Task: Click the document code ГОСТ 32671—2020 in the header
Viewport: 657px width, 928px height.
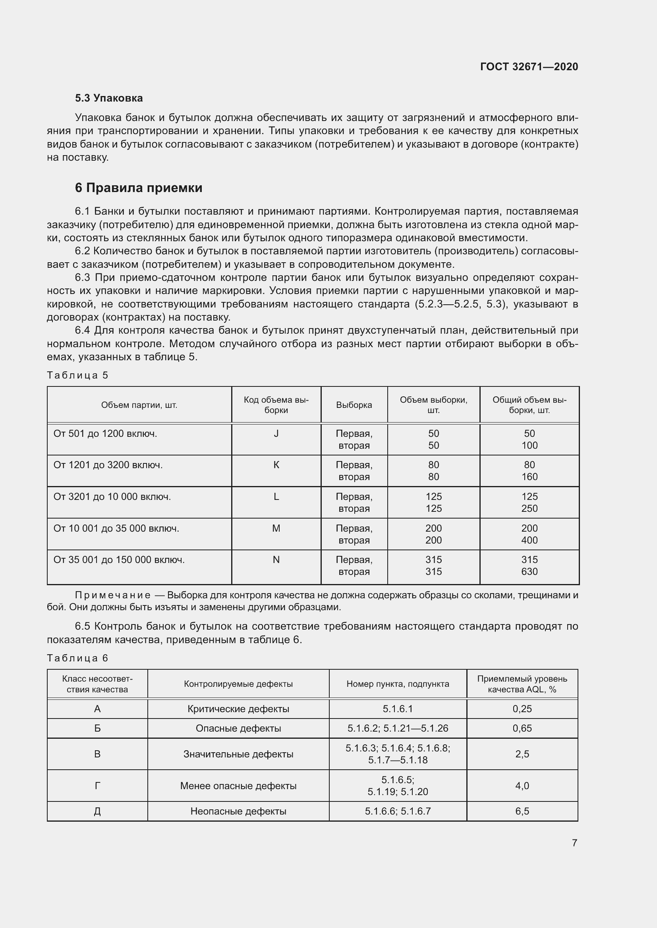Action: tap(529, 67)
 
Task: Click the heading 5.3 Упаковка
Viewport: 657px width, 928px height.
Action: tap(109, 98)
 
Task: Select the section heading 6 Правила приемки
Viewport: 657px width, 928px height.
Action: tap(138, 188)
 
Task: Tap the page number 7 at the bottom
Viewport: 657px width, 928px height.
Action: tap(574, 843)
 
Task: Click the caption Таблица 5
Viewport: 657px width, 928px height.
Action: tap(78, 375)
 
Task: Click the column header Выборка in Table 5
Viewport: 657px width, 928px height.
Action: tap(354, 405)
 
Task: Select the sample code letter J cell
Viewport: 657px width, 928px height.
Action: tap(276, 434)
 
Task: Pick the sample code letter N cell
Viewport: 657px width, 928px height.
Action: tap(276, 560)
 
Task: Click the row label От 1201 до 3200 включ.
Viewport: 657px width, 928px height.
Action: tap(108, 465)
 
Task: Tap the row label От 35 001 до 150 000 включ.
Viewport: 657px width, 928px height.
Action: tap(119, 560)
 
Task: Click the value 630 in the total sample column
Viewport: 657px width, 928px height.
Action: tap(529, 571)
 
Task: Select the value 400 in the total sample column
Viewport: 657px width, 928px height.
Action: tap(529, 540)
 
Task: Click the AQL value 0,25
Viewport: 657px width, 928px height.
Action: tap(522, 709)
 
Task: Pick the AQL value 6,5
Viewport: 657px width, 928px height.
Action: tap(522, 812)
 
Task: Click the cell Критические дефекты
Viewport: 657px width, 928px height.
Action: tap(238, 709)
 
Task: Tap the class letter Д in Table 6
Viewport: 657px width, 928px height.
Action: tap(97, 812)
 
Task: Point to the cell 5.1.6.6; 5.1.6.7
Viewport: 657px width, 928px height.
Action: tap(398, 812)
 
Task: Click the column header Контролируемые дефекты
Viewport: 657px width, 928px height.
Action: tap(238, 684)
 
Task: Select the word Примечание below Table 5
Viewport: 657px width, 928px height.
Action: tap(113, 596)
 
